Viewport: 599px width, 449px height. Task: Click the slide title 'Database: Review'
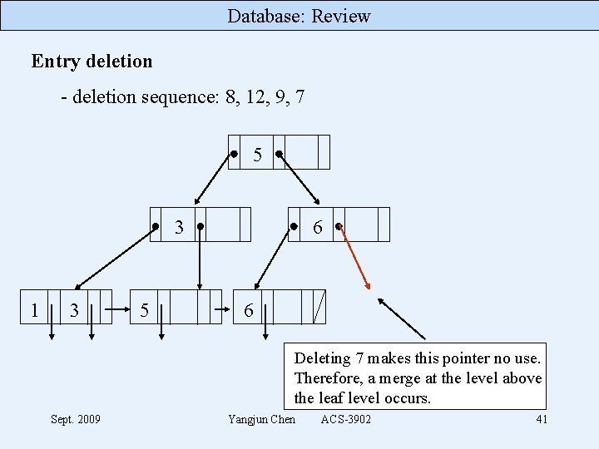coord(299,16)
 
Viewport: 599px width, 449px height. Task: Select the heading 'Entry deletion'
coord(92,62)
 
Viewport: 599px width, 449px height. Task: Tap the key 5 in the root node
coord(257,155)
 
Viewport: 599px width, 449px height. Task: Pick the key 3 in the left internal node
coord(179,227)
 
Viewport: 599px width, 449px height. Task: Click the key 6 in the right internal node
coord(318,227)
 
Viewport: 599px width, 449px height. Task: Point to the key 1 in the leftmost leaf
coord(34,310)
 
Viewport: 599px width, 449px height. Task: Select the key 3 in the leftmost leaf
coord(74,311)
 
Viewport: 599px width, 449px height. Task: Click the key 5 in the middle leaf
coord(145,311)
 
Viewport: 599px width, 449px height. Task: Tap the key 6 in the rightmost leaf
coord(248,311)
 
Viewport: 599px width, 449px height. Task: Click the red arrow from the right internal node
coord(355,259)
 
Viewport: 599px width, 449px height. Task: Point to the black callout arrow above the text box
coord(401,318)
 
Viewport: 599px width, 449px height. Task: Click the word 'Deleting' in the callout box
coord(322,358)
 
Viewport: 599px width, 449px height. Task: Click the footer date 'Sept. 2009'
coord(75,419)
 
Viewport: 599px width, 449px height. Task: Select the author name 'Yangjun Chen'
coord(261,419)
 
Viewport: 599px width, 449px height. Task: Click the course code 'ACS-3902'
coord(346,419)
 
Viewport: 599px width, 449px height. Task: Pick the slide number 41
coord(542,419)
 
